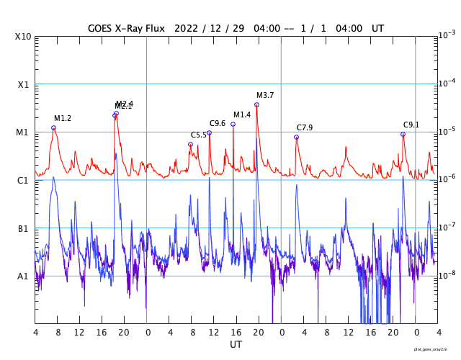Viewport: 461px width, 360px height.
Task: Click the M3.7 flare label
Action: point(265,95)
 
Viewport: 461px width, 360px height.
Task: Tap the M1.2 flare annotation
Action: point(63,118)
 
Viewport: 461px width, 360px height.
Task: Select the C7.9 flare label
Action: point(305,127)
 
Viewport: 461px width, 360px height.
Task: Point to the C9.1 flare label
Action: point(411,125)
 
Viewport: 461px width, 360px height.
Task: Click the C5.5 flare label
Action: point(199,135)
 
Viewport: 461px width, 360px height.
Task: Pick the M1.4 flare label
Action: point(242,114)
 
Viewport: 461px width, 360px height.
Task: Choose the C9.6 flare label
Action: point(218,123)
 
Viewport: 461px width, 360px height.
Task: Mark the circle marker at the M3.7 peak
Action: point(256,105)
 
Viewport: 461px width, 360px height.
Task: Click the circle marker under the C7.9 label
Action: point(296,137)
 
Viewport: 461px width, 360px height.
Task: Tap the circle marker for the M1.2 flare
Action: point(53,128)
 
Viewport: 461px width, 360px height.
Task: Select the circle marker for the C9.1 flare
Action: point(403,135)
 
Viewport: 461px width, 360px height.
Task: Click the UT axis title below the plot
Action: point(236,345)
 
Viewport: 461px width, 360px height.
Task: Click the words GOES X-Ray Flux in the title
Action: point(127,27)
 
